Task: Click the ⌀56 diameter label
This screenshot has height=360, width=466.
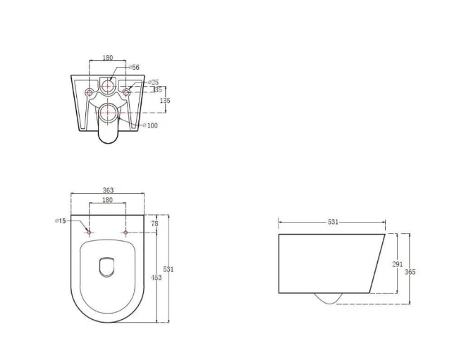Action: click(x=134, y=68)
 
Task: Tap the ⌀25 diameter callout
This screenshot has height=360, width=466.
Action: click(x=154, y=82)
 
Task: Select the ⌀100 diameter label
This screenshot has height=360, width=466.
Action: click(x=150, y=125)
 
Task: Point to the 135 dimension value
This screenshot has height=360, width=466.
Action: click(x=165, y=101)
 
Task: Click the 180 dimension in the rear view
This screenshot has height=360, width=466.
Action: click(x=108, y=57)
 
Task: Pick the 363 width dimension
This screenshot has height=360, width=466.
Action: click(x=108, y=190)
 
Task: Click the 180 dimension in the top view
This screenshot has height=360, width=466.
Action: click(x=108, y=200)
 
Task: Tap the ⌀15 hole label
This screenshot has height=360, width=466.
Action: click(x=61, y=221)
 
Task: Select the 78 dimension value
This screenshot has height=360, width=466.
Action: click(x=155, y=223)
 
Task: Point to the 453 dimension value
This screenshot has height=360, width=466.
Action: click(x=156, y=278)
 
